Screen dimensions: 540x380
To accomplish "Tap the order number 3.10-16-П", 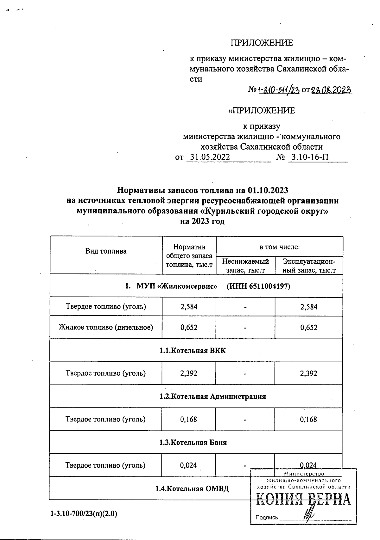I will pyautogui.click(x=310, y=157).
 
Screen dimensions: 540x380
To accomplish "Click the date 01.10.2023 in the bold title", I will pyautogui.click(x=268, y=190).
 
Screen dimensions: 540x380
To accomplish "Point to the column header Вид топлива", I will pyautogui.click(x=106, y=251).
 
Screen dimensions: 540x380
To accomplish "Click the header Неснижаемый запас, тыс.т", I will pyautogui.click(x=245, y=266).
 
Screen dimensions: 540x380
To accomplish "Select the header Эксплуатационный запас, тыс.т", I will pyautogui.click(x=309, y=266).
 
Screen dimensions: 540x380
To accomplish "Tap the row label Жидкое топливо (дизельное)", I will pyautogui.click(x=106, y=327).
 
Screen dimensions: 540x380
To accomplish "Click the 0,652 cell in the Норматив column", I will pyautogui.click(x=189, y=328).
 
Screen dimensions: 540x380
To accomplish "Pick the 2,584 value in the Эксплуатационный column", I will pyautogui.click(x=309, y=307).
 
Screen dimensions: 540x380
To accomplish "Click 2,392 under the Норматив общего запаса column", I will pyautogui.click(x=189, y=373).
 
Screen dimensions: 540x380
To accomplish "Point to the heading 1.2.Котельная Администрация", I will pyautogui.click(x=212, y=396).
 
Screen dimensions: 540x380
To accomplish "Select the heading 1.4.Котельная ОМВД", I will pyautogui.click(x=192, y=489).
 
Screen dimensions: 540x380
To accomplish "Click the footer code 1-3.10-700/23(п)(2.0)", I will pyautogui.click(x=84, y=514).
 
